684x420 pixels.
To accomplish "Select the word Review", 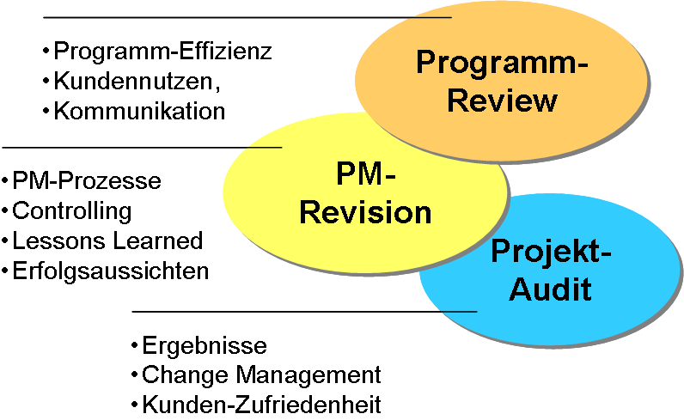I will (502, 100).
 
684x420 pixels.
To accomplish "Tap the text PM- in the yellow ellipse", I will (365, 174).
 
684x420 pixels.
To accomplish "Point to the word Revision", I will (365, 211).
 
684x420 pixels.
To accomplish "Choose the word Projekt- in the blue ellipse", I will (551, 253).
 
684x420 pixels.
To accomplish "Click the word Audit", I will (551, 289).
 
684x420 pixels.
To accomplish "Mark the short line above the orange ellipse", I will (431, 17).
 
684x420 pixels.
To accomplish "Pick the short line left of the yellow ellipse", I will (265, 148).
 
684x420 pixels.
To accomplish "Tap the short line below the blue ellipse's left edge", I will (459, 311).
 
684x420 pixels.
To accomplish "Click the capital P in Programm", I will (425, 63).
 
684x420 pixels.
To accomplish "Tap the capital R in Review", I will (458, 100).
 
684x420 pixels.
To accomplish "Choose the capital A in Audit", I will (521, 289).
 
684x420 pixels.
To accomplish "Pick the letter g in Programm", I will (481, 66).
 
